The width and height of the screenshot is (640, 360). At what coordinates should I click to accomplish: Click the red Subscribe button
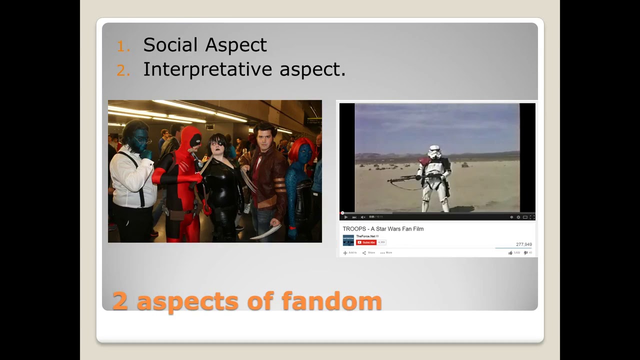coord(366,242)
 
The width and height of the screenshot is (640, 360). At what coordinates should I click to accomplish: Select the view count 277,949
coord(523,244)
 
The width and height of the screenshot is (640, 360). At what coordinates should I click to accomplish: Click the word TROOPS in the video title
coord(353,229)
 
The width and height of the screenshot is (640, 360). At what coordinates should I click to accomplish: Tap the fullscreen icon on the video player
coord(531,217)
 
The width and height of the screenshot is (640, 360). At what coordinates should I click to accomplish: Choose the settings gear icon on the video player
coord(518,217)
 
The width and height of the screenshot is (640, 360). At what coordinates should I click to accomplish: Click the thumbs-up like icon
coord(510,253)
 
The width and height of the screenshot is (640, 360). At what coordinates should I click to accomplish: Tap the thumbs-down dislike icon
coord(525,253)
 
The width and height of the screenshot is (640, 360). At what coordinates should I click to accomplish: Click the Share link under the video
coord(368,253)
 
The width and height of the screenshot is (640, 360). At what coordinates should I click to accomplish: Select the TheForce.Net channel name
coord(365,236)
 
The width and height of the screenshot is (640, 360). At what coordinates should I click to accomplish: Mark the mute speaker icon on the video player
coord(362,217)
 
